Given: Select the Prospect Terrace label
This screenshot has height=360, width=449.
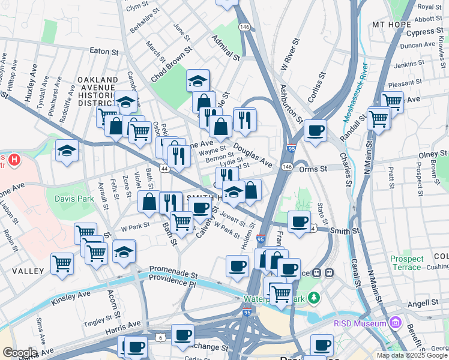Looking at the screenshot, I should pyautogui.click(x=406, y=263).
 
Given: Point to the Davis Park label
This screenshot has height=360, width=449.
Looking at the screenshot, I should pyautogui.click(x=74, y=198).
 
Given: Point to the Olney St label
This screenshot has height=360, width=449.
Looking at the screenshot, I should pyautogui.click(x=433, y=155).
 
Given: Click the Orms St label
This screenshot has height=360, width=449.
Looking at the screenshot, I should pyautogui.click(x=313, y=169).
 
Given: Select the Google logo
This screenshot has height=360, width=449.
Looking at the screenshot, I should pyautogui.click(x=19, y=352).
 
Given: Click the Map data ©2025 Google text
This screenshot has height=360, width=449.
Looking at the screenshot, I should pyautogui.click(x=411, y=355).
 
